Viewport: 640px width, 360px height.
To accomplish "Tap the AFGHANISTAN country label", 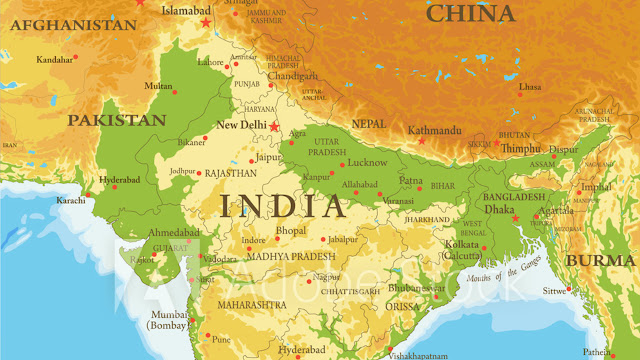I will point(60,25).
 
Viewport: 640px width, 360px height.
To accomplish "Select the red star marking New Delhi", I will point(275,127).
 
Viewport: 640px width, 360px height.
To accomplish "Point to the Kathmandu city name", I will point(433,129).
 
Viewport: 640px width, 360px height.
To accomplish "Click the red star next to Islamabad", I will point(206,22).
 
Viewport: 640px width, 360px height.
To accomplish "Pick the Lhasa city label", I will point(530,87).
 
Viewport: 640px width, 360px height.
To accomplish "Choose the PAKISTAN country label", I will point(116,119).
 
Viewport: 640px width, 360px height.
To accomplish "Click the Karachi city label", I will point(71,201).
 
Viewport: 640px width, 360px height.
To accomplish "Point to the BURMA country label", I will point(599,260).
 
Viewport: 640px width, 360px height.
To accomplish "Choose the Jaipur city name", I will point(268,157).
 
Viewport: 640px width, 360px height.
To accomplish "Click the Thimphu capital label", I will point(519,148).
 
